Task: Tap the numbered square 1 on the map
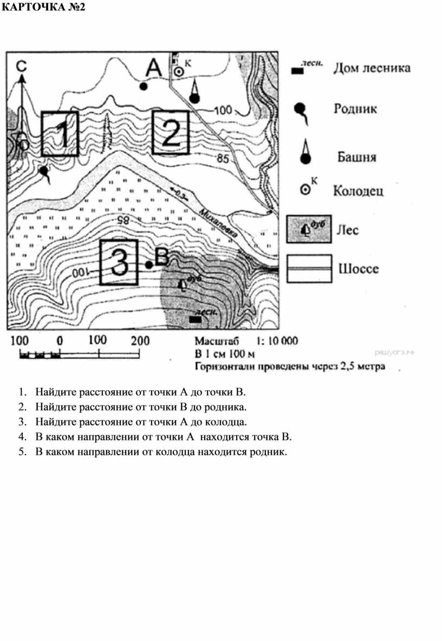60,134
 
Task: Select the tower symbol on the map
195,92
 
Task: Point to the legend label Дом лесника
372,68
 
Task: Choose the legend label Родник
355,109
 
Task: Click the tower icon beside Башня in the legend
305,153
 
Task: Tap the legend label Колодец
358,191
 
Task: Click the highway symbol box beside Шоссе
308,269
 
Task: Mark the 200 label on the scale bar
140,341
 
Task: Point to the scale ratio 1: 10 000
276,341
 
